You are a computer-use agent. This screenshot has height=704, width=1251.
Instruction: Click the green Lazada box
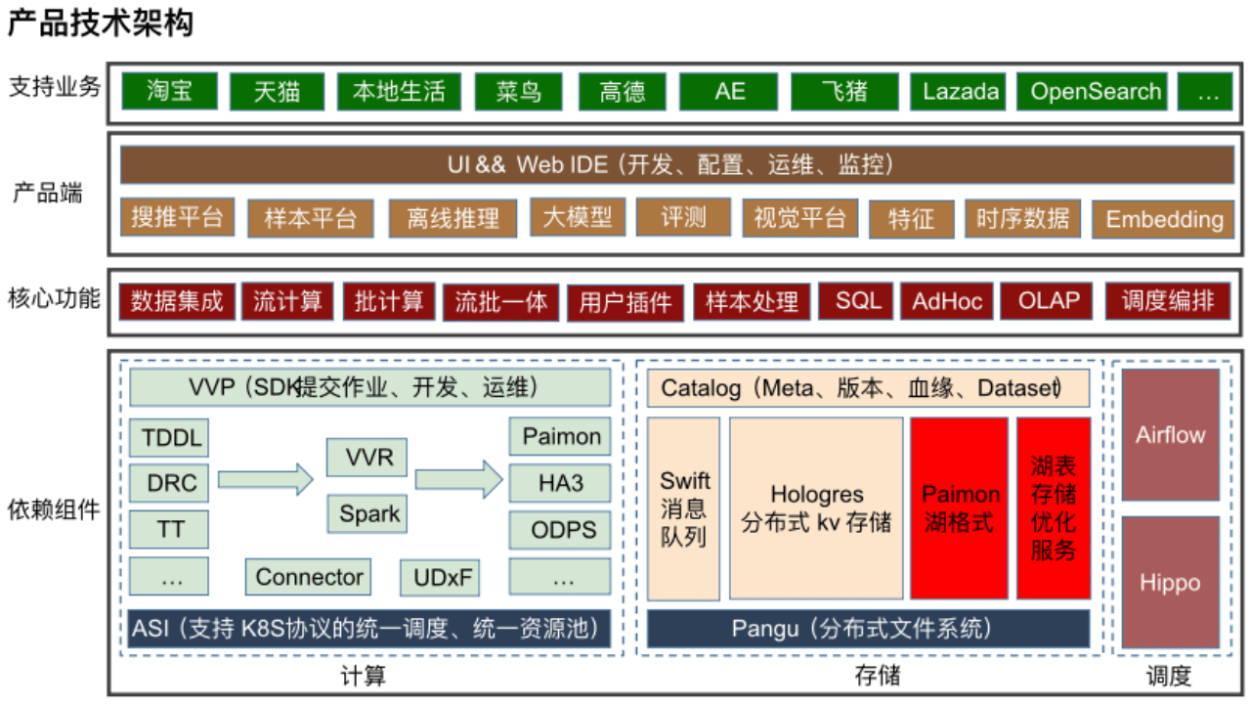tap(961, 92)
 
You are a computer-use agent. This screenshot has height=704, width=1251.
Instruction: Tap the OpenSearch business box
tap(1096, 92)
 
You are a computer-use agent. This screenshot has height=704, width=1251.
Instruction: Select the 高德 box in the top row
tap(623, 92)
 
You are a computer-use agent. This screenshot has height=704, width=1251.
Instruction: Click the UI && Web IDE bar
tap(676, 164)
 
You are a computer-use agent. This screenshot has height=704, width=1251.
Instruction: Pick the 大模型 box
tap(577, 217)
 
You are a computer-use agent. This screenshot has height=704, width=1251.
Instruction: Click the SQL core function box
tap(857, 300)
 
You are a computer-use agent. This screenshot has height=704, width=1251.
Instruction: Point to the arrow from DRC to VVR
tap(265, 479)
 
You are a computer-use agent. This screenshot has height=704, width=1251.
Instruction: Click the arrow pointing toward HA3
tap(458, 479)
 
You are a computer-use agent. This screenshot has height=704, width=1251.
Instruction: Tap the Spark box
tap(369, 513)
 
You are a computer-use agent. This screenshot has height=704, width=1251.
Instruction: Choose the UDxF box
tap(440, 578)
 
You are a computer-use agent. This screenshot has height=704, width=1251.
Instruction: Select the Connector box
tap(309, 578)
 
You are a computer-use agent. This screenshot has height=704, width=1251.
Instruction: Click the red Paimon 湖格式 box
tap(960, 508)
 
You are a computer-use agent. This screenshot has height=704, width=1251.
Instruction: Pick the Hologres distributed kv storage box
tap(816, 508)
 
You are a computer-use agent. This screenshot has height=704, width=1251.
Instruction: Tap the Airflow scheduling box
tap(1170, 435)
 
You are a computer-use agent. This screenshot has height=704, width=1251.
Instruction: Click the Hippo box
tap(1170, 583)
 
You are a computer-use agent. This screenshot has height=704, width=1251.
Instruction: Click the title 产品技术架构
tap(100, 23)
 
